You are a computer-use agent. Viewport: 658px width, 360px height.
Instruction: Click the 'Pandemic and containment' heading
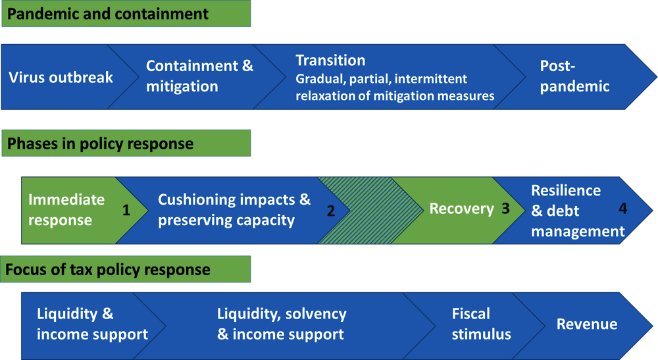[x=107, y=14]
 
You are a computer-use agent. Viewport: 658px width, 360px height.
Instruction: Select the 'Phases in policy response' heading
[x=100, y=143]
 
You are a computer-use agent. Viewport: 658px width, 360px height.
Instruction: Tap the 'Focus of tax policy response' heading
[x=108, y=269]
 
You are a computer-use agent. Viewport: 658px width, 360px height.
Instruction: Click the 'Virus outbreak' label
[x=61, y=77]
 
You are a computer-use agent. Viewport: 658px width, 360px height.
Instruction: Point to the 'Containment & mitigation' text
[x=200, y=76]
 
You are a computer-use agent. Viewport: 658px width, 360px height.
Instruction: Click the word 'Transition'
[x=330, y=61]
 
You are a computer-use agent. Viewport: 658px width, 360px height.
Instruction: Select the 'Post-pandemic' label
[x=574, y=76]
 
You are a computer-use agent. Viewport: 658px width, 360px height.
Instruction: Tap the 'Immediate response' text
[x=66, y=210]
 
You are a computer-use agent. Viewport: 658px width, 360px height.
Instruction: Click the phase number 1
[x=126, y=210]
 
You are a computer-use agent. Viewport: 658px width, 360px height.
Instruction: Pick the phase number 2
[x=331, y=211]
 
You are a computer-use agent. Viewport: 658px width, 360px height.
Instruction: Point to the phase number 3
[x=505, y=209]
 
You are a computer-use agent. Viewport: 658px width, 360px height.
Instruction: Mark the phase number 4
[x=622, y=209]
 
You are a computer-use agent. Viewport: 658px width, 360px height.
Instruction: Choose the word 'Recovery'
[x=462, y=209]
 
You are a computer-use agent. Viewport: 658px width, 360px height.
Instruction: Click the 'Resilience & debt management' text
[x=578, y=211]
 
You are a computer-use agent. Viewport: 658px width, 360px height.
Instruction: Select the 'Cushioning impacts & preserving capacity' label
[x=234, y=210]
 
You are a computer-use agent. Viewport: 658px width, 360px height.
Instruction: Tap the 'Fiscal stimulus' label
[x=482, y=324]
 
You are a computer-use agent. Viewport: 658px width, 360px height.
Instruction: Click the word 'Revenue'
[x=587, y=324]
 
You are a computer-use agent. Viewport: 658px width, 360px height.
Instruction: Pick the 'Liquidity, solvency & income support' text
[x=282, y=324]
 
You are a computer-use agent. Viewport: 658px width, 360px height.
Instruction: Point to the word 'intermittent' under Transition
[x=430, y=79]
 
